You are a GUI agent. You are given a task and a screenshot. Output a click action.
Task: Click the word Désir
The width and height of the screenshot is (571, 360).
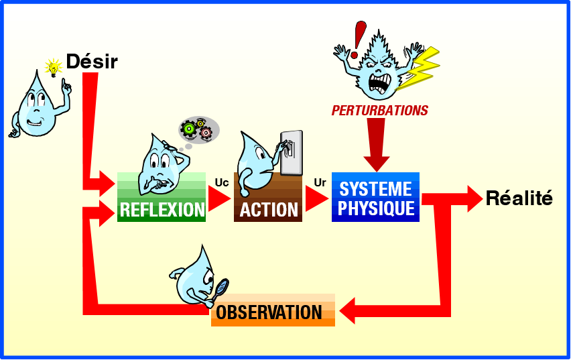click(x=91, y=62)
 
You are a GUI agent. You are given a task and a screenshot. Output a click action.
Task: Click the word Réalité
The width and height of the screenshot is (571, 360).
click(x=519, y=198)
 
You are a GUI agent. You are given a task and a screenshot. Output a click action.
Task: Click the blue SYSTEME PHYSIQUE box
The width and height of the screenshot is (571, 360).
click(x=375, y=197)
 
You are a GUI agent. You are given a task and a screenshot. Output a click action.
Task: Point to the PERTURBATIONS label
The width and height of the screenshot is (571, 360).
click(x=379, y=111)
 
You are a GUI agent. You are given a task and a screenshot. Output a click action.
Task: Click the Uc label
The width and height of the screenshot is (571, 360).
click(x=222, y=182)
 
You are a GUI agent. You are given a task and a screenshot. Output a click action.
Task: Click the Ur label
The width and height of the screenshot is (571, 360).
click(x=320, y=182)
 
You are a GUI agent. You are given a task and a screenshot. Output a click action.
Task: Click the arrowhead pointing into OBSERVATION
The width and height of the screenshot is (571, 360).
click(x=349, y=311)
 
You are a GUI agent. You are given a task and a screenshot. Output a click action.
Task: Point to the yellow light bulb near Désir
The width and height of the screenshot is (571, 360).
click(x=53, y=66)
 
